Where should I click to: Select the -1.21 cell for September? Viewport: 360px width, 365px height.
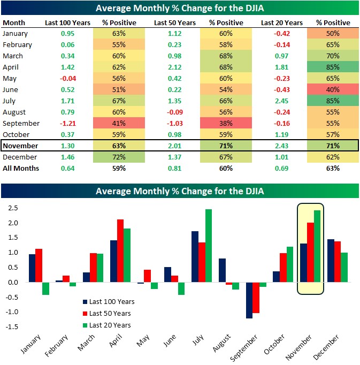67,123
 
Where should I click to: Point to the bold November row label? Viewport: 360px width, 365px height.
20,146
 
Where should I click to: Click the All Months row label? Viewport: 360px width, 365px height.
20,168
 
